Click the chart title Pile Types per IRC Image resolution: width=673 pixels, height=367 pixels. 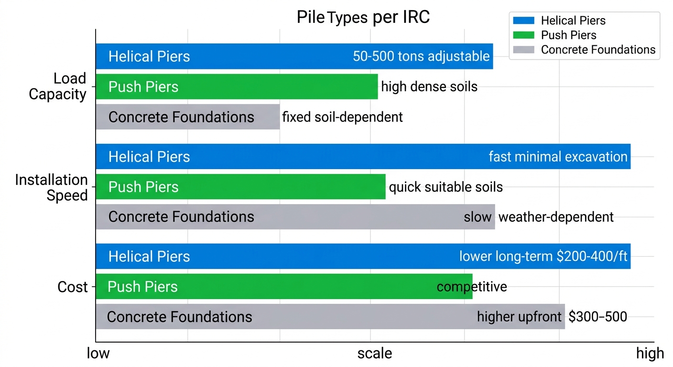(x=363, y=17)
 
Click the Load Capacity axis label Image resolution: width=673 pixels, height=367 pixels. (x=57, y=86)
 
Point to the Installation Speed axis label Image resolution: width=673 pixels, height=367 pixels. (x=52, y=187)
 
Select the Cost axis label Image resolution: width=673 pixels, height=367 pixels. (x=73, y=287)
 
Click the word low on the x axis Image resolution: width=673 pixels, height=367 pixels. (x=98, y=354)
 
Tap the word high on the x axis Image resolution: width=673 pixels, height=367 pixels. (x=650, y=354)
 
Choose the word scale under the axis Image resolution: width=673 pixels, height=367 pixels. (x=375, y=354)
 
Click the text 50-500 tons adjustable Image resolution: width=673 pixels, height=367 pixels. (x=421, y=56)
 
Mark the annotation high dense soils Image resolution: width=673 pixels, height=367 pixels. (x=429, y=86)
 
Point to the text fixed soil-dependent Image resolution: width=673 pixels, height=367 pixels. (x=342, y=117)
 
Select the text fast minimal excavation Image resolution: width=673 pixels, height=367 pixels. (x=558, y=157)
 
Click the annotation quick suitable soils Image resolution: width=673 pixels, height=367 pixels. (x=445, y=187)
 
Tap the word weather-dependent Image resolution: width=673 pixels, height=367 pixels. (x=556, y=217)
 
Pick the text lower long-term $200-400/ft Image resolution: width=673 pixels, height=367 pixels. (x=543, y=257)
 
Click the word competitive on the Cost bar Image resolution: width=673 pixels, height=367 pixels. (x=472, y=287)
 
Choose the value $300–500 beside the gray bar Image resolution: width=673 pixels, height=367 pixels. (x=598, y=316)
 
